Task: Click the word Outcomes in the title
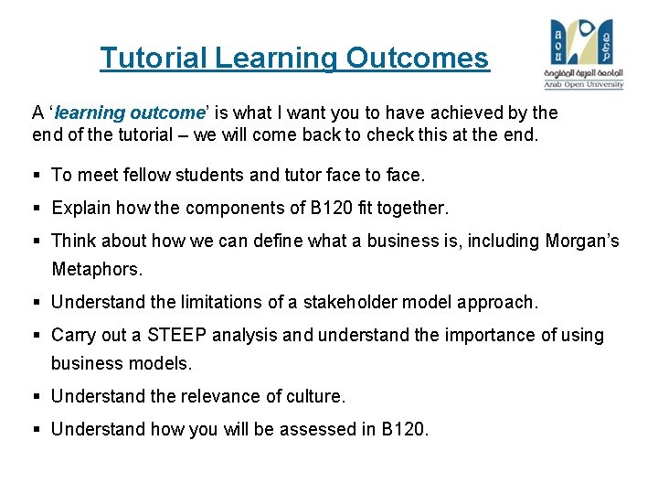tap(418, 59)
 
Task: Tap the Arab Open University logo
tap(585, 53)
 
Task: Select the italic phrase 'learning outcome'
tap(128, 113)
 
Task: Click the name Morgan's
tap(581, 242)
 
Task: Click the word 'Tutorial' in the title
tap(154, 59)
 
